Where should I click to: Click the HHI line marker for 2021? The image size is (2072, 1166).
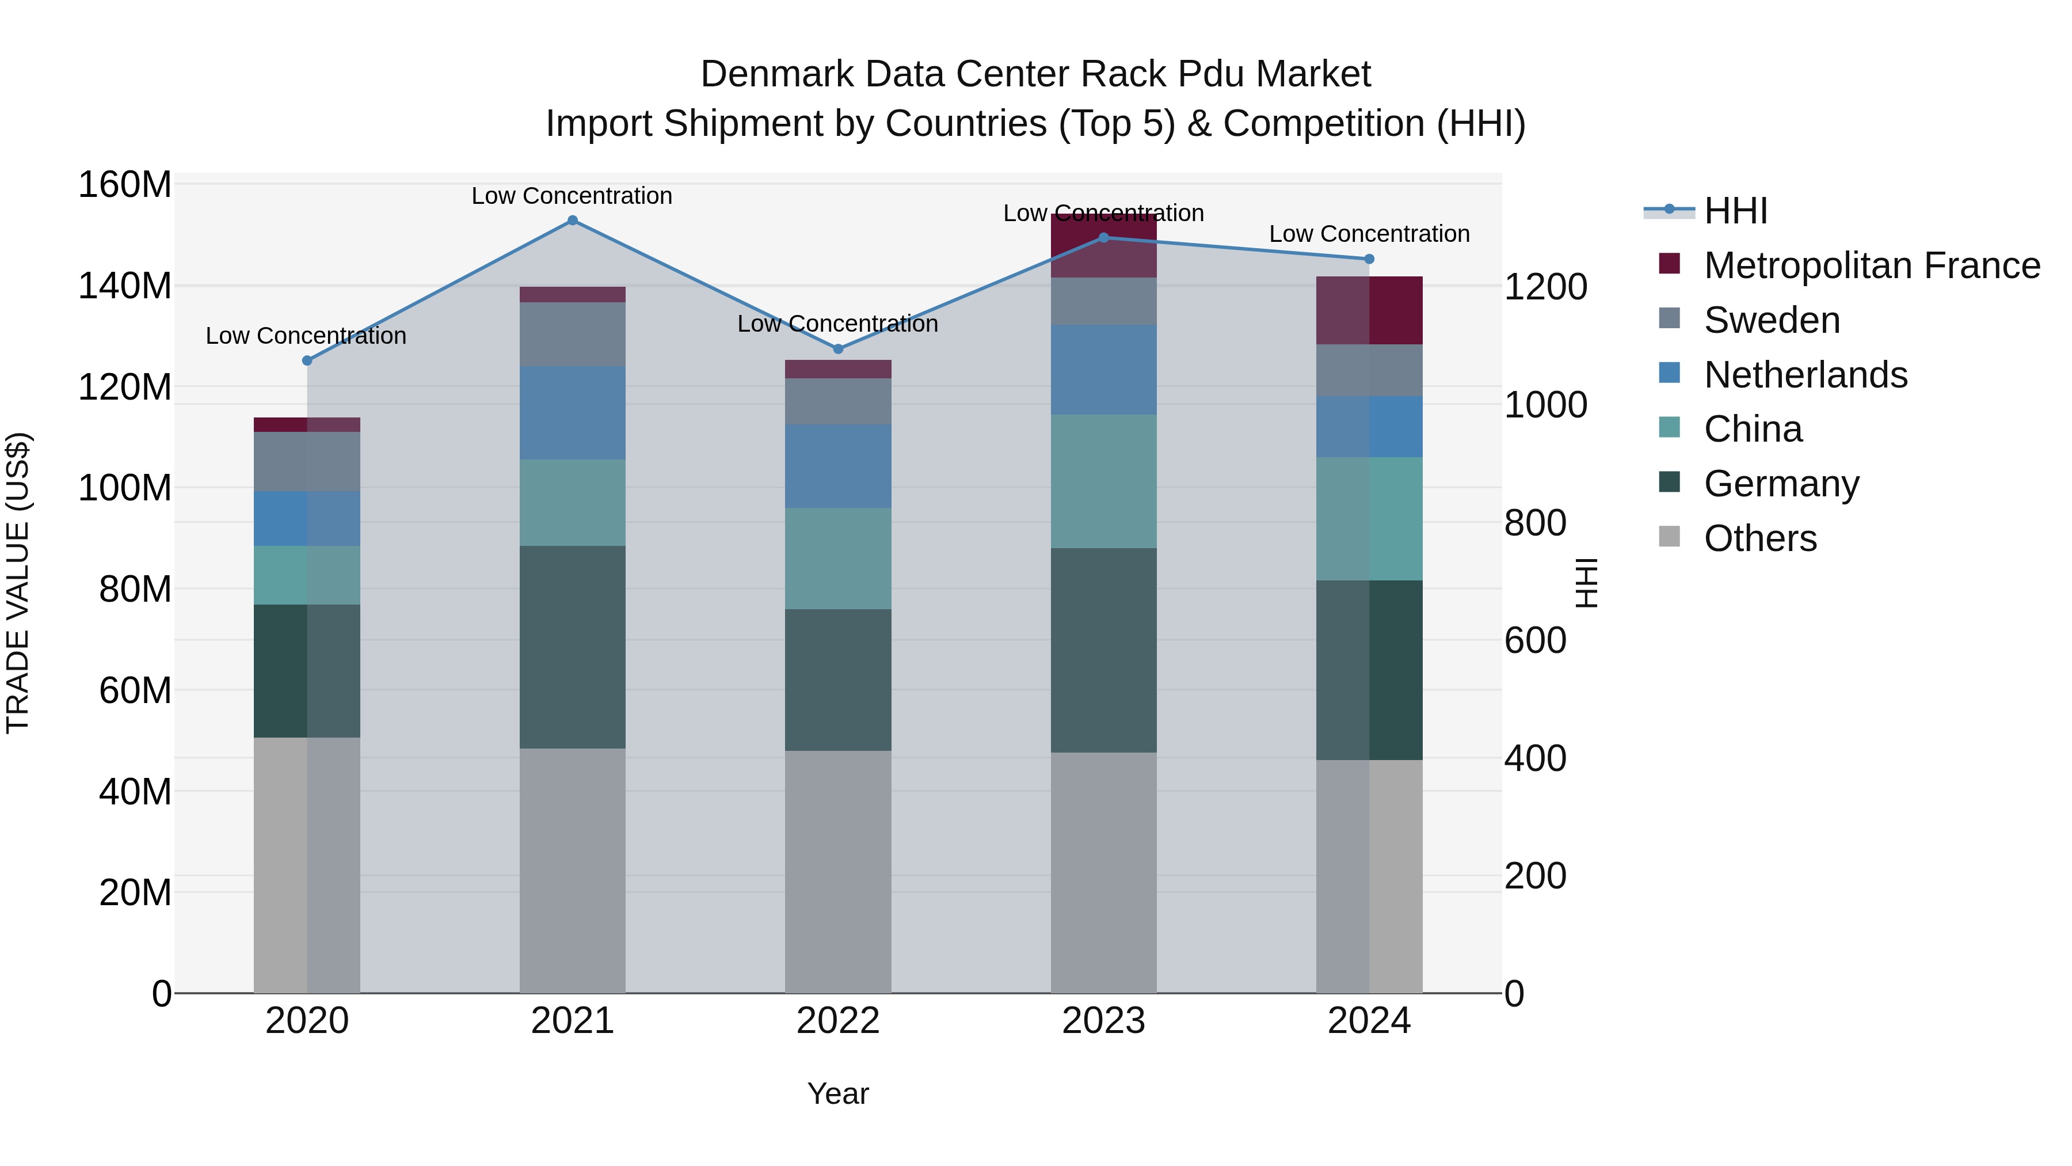coord(572,221)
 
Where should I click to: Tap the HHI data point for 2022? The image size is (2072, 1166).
coord(837,348)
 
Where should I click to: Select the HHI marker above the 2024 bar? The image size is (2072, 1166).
coord(1369,259)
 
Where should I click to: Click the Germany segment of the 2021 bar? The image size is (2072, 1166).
coord(572,647)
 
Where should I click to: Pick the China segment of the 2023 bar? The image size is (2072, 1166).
coord(1103,481)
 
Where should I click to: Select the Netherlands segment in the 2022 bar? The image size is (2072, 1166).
coord(837,465)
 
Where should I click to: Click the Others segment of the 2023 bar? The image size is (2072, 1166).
coord(1103,872)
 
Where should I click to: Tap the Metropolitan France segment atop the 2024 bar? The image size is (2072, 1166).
coord(1369,310)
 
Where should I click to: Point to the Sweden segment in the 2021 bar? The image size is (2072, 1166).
coord(572,334)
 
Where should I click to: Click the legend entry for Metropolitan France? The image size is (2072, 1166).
coord(1871,265)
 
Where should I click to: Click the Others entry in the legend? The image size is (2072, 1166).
coord(1760,538)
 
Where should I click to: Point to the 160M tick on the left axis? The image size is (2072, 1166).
coord(125,185)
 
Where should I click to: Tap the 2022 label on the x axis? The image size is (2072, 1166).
coord(837,1021)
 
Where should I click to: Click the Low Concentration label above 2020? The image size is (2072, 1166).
coord(306,336)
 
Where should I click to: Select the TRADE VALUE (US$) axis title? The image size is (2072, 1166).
coord(18,583)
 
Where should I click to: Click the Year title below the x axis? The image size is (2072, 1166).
coord(837,1093)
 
